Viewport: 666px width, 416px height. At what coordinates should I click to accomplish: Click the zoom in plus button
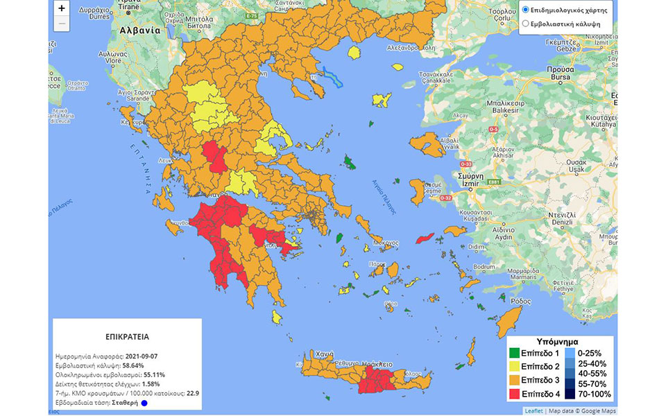pyautogui.click(x=62, y=8)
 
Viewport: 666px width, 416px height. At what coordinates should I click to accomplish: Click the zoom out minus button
pyautogui.click(x=62, y=24)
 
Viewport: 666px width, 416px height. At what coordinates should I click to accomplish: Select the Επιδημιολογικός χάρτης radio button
pyautogui.click(x=525, y=10)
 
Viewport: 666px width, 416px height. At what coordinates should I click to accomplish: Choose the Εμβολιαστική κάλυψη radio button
pyautogui.click(x=525, y=24)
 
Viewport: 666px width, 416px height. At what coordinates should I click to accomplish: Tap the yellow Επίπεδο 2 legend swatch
pyautogui.click(x=514, y=366)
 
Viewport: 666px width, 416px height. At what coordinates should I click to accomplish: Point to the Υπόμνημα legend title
pyautogui.click(x=558, y=341)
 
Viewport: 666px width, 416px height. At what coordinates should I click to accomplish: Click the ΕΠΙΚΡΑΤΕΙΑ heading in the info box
pyautogui.click(x=127, y=336)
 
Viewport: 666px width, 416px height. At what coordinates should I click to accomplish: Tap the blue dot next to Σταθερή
pyautogui.click(x=144, y=403)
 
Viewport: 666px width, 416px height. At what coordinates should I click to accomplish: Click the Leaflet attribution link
pyautogui.click(x=533, y=410)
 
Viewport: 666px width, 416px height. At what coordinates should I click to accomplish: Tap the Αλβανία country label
pyautogui.click(x=139, y=31)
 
